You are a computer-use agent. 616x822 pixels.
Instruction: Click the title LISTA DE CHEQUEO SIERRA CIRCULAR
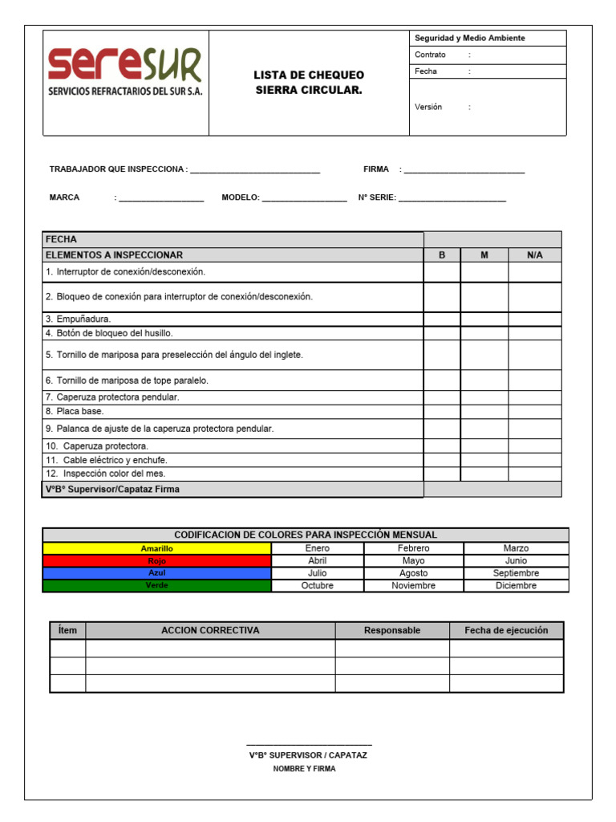click(309, 83)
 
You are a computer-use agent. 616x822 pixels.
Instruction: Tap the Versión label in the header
click(428, 107)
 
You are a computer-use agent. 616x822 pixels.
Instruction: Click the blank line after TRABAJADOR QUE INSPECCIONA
click(255, 170)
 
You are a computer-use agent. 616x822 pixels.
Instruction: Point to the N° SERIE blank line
click(452, 198)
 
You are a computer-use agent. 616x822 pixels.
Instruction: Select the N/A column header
click(534, 255)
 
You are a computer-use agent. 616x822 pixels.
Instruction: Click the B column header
click(442, 255)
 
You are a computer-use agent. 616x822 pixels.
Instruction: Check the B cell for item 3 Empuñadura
click(442, 319)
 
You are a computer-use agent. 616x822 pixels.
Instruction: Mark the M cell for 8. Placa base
click(484, 412)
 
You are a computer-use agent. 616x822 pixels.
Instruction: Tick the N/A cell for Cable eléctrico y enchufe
click(534, 461)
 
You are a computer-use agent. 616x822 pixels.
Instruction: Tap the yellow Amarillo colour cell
click(156, 548)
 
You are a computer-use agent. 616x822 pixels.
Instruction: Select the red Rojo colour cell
click(156, 561)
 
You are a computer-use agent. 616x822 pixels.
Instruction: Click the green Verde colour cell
click(156, 586)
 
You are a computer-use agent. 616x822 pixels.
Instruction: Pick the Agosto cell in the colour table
click(413, 573)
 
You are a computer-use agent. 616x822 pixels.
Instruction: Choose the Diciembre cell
click(516, 586)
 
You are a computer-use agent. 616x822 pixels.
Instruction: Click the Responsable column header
click(392, 630)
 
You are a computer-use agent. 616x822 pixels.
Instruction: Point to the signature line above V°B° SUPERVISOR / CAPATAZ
click(309, 745)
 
